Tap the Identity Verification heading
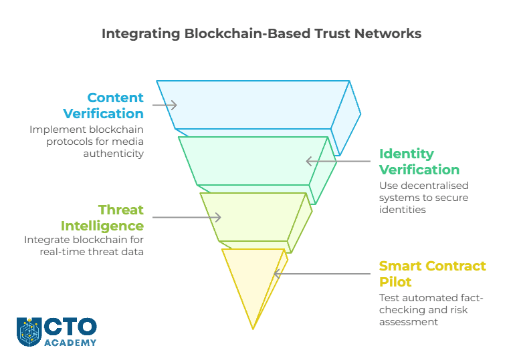pos(419,162)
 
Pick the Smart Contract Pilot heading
pos(432,273)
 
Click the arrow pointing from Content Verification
pos(165,105)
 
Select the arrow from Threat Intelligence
pos(187,217)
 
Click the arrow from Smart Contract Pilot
pos(322,273)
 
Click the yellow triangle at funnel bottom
pos(253,281)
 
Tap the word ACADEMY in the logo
pos(70,343)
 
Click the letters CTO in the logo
pos(70,327)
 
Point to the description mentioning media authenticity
pos(87,142)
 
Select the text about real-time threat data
pos(84,246)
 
